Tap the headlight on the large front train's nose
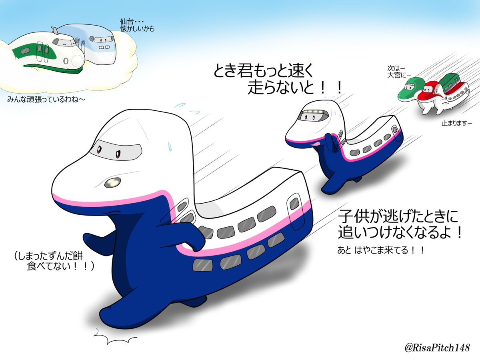112,182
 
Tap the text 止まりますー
457,124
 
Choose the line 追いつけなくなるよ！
401,233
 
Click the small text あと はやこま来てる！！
381,251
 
